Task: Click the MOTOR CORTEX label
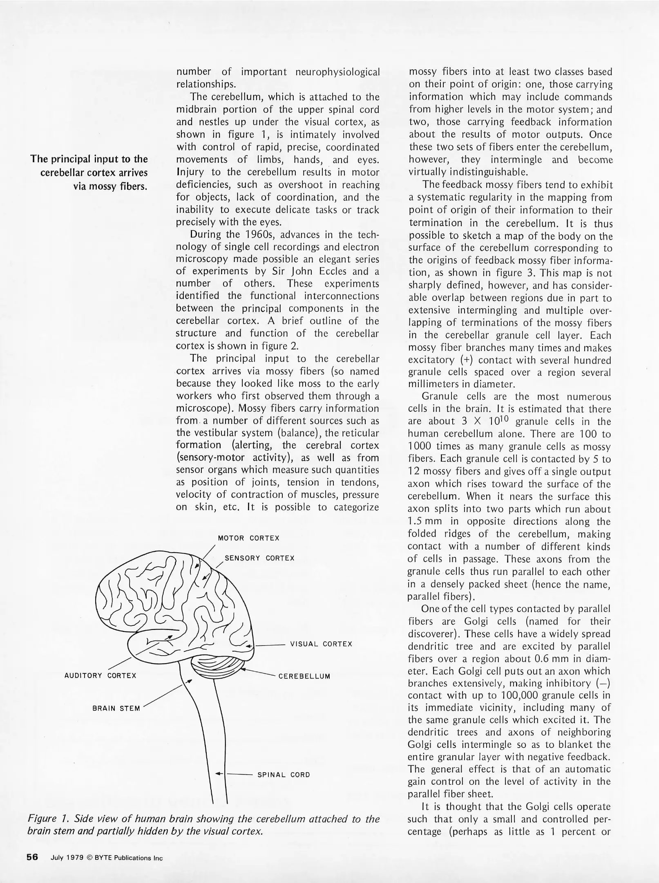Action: (248, 538)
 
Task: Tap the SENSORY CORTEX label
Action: (259, 558)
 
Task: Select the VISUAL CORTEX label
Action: (321, 644)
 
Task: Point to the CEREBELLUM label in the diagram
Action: (304, 676)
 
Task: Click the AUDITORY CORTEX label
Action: (100, 675)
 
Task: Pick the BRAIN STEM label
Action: (116, 708)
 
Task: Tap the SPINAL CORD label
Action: (284, 775)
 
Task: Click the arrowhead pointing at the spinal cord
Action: (219, 774)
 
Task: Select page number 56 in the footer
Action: (32, 857)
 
